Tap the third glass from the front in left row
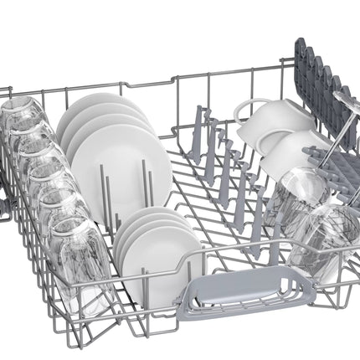click(50, 188)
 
